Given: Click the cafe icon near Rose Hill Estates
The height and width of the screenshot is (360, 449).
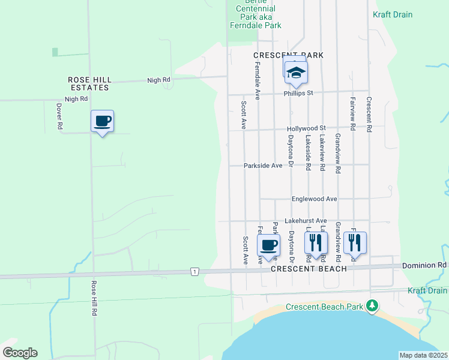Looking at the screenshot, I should pos(102,122).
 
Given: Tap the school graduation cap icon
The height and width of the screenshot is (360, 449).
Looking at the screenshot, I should pos(296,73).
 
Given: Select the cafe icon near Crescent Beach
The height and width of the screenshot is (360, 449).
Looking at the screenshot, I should pos(268,245).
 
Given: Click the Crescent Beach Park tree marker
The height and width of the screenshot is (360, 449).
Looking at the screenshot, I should pos(373,306).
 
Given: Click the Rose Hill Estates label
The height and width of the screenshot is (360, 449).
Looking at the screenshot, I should pos(88,83).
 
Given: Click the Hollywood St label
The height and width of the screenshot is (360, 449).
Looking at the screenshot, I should pos(306,128).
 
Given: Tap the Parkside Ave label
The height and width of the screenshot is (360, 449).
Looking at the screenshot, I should pos(263,166).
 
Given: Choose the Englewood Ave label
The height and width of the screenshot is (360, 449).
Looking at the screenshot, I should pos(314,199).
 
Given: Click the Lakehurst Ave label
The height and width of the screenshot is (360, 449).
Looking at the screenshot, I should pos(306,221).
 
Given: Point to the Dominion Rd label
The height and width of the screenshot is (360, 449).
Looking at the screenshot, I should pos(424,264).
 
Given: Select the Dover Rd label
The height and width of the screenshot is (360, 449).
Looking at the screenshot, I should pos(59,116).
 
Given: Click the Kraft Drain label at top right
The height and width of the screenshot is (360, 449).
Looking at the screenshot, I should pos(393,14).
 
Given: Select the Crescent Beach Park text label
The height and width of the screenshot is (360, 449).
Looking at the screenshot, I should pos(324,307).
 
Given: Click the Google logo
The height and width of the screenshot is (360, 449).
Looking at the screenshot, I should pos(20,352).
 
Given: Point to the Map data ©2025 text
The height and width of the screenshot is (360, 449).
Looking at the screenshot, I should pos(423,355).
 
